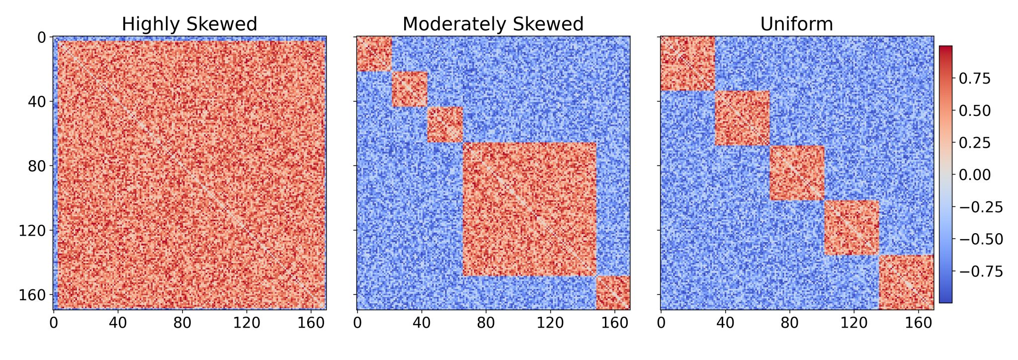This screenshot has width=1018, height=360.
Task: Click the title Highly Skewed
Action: (x=189, y=24)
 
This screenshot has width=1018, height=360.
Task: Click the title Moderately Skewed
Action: (x=493, y=24)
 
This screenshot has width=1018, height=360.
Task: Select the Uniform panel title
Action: (x=796, y=24)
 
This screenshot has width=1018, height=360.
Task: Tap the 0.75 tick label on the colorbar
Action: (x=974, y=79)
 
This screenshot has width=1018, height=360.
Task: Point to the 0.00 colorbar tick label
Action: (x=974, y=175)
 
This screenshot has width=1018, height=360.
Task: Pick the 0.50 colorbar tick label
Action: (x=974, y=111)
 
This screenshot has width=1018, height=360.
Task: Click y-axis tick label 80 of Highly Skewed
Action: (x=36, y=166)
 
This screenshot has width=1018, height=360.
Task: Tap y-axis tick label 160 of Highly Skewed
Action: (x=31, y=295)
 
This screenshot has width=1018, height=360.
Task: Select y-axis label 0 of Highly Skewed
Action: (x=41, y=37)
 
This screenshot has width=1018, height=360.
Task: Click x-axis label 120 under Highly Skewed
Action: (x=247, y=323)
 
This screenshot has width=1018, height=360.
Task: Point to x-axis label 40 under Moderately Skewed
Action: (x=422, y=323)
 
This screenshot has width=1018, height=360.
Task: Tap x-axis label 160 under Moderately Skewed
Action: (x=615, y=323)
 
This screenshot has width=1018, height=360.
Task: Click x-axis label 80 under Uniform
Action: (x=789, y=323)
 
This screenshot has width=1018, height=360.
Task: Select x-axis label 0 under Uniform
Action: (x=661, y=323)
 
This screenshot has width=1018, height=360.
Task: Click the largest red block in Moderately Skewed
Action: (x=529, y=209)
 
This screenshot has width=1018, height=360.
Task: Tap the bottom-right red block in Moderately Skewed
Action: (x=613, y=293)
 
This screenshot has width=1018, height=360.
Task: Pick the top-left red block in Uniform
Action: (x=687, y=64)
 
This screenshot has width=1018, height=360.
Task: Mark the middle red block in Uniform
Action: (x=797, y=173)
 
